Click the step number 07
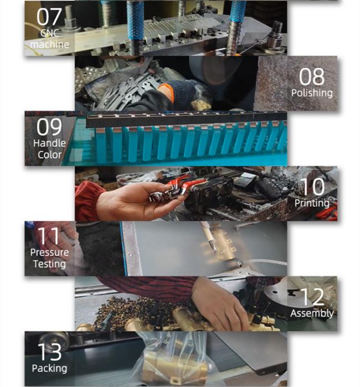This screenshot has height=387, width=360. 49,17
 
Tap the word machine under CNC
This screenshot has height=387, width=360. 49,44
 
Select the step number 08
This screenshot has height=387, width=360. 312,77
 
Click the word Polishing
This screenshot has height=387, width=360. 312,93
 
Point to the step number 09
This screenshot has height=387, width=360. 49,127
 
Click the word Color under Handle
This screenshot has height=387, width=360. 49,155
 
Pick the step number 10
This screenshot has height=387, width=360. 312,187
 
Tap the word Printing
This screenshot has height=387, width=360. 312,203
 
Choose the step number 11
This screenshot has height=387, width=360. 49,236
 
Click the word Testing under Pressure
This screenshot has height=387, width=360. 49,264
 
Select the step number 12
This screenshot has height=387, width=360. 312,297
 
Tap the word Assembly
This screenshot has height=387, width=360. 312,313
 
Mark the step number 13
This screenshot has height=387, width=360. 49,352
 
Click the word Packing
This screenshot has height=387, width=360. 49,369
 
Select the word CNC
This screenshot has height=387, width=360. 49,33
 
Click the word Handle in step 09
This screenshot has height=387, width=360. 49,143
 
